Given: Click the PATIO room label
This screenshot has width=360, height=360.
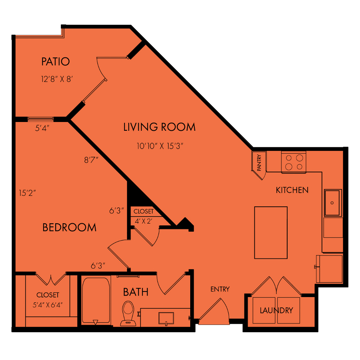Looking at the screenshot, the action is (55, 62).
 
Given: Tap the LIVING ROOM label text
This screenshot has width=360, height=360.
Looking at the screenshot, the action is (159, 127).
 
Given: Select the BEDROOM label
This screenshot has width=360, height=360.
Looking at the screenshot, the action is (69, 227).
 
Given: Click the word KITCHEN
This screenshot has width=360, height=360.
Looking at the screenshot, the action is (292, 190).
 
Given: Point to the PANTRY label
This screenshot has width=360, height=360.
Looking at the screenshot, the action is (259, 162).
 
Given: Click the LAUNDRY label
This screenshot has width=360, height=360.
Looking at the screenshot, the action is (276, 310).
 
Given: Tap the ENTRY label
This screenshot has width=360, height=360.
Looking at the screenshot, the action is (220, 289).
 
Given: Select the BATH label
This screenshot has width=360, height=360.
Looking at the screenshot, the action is (136, 292).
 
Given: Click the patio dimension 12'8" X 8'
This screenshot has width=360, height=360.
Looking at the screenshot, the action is (57, 79).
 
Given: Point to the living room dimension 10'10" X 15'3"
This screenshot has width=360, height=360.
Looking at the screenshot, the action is (160, 146).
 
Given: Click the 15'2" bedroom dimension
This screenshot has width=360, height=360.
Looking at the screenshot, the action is (27, 193).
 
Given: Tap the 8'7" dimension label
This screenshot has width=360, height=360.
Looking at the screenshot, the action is (91, 160).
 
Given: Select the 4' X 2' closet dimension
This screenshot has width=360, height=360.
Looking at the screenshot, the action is (143, 221).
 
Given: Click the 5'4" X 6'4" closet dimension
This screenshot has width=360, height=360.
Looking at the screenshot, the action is (47, 305).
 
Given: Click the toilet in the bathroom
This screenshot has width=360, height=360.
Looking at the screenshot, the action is (128, 313).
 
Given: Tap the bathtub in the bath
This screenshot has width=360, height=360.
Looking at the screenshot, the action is (96, 301).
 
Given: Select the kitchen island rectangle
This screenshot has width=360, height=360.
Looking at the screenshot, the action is (271, 233).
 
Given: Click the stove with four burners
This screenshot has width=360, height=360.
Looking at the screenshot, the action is (294, 162).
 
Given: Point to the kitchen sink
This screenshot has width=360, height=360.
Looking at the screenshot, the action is (333, 203).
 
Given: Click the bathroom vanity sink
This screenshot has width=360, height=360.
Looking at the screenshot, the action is (166, 318).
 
